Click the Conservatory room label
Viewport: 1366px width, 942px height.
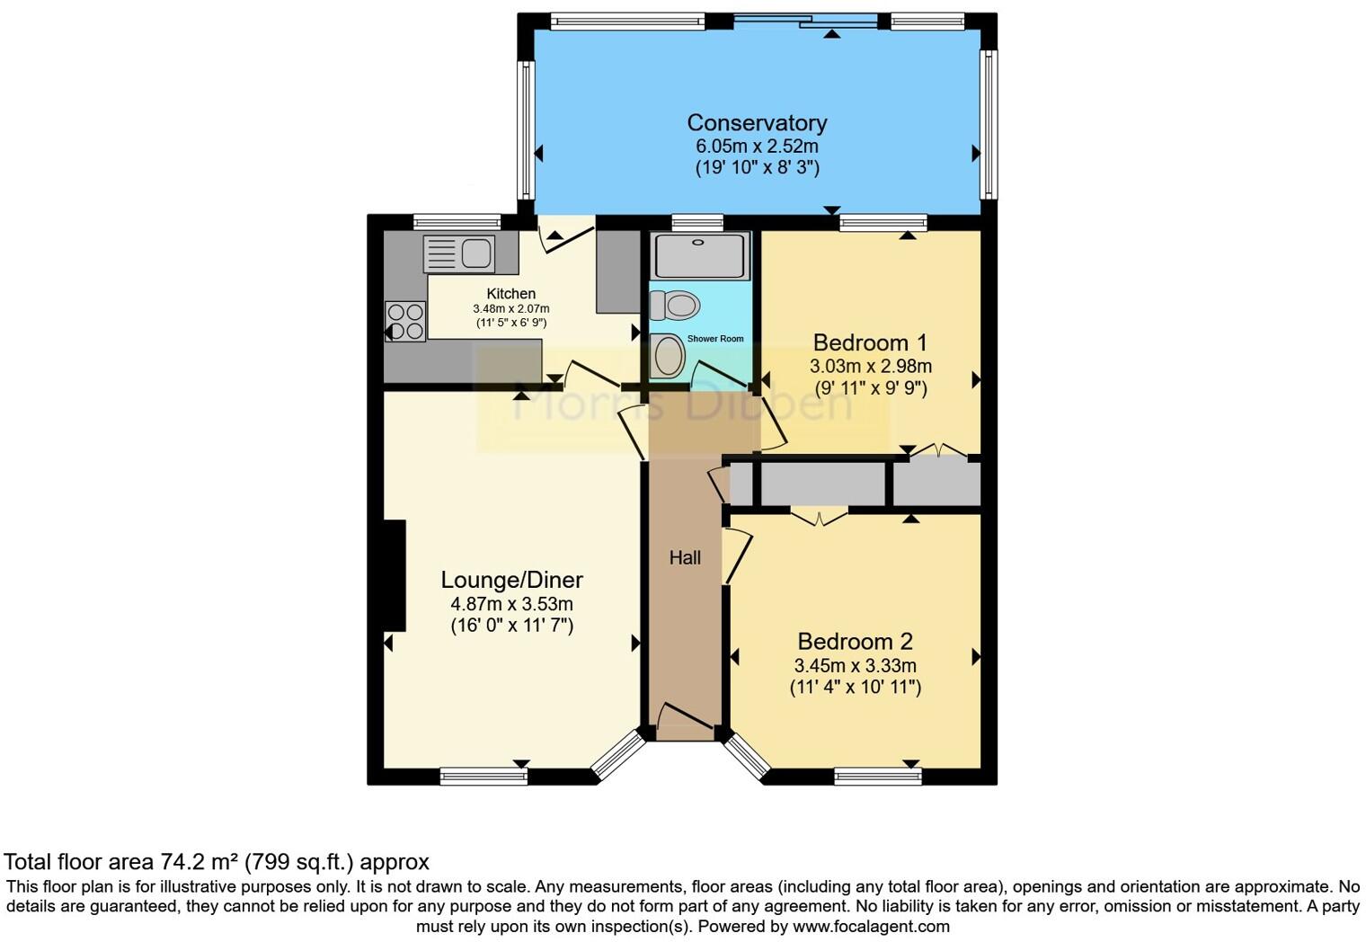(757, 122)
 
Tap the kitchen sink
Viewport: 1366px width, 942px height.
(459, 253)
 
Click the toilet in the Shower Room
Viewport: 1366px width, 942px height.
(675, 306)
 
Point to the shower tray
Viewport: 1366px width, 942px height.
(700, 255)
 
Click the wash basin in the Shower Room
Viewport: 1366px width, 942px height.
(668, 356)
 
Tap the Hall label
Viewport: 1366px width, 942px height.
(685, 558)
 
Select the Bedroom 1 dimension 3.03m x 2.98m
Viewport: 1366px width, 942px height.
(870, 367)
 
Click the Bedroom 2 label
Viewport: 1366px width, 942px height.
(855, 641)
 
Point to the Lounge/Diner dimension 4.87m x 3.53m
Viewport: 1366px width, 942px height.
(511, 604)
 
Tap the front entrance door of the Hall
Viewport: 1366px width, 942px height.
(685, 717)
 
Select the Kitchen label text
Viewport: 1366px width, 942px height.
(511, 294)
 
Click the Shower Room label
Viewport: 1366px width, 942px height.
(715, 339)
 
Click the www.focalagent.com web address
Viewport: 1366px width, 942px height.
(871, 926)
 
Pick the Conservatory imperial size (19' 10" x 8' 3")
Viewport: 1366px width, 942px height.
(757, 167)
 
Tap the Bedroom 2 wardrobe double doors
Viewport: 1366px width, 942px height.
(819, 516)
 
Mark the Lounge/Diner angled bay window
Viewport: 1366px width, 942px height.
(618, 753)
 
